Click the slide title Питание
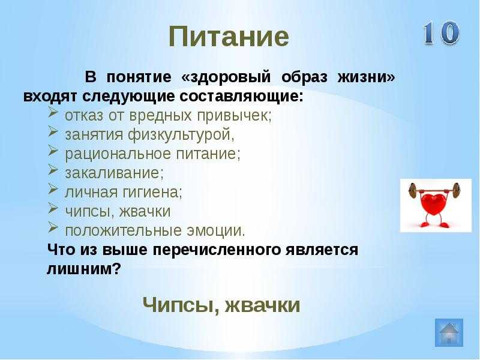click(x=229, y=37)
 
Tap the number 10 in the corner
click(x=442, y=33)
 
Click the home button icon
click(x=449, y=332)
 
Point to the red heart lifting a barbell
click(x=435, y=205)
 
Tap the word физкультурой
click(x=181, y=134)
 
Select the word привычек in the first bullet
click(x=234, y=116)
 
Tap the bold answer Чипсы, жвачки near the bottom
click(x=221, y=305)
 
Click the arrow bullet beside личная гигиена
click(x=53, y=190)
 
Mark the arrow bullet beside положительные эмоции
click(x=53, y=229)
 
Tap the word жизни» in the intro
click(x=366, y=77)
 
